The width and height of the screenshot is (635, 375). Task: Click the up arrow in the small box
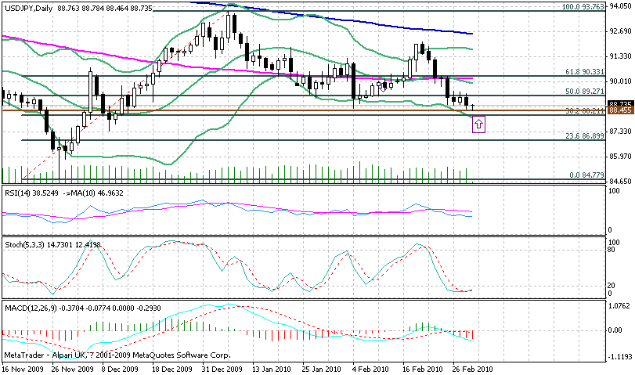480,124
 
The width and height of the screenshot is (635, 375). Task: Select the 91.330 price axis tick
620,56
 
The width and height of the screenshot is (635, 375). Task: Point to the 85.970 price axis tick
620,157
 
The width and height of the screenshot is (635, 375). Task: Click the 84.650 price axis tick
620,182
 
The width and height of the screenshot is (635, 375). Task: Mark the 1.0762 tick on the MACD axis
620,305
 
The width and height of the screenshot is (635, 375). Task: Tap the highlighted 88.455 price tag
620,110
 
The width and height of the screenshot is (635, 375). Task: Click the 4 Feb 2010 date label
371,367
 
